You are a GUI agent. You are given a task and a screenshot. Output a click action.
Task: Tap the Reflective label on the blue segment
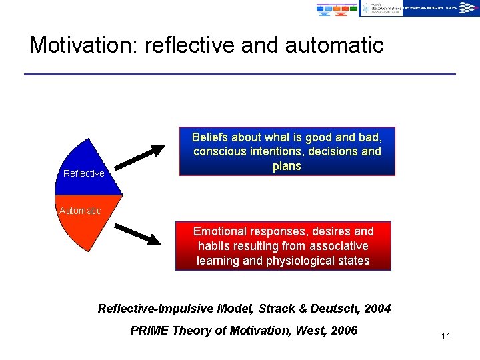click(x=83, y=173)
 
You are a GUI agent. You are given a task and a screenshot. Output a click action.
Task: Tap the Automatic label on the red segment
click(x=80, y=211)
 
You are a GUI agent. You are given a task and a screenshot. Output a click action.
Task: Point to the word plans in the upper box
click(x=287, y=166)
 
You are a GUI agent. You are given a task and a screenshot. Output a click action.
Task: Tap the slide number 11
click(x=446, y=335)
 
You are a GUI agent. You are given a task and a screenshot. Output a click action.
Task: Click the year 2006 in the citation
click(x=343, y=331)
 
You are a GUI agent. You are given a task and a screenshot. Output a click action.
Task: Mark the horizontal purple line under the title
click(x=240, y=74)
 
